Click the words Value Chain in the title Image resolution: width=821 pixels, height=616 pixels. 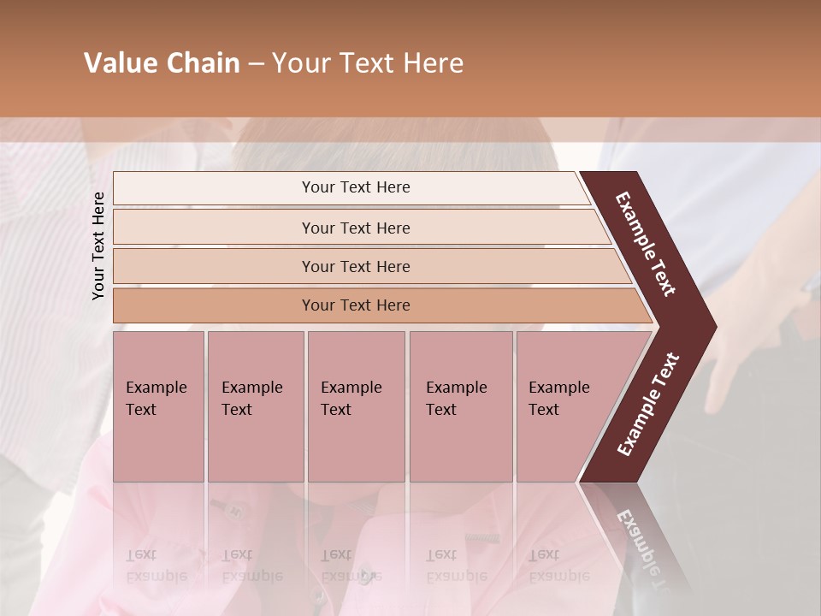162,63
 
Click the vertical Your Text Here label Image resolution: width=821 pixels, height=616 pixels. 98,246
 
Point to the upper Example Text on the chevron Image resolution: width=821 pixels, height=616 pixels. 646,244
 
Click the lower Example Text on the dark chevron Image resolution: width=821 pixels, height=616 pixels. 648,405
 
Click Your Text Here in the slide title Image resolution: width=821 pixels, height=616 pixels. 368,63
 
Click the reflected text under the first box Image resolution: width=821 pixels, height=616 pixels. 156,566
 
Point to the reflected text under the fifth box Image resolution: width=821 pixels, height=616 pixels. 558,566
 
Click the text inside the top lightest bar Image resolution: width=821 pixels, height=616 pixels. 356,187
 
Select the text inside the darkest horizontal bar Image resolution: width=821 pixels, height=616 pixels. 356,305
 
